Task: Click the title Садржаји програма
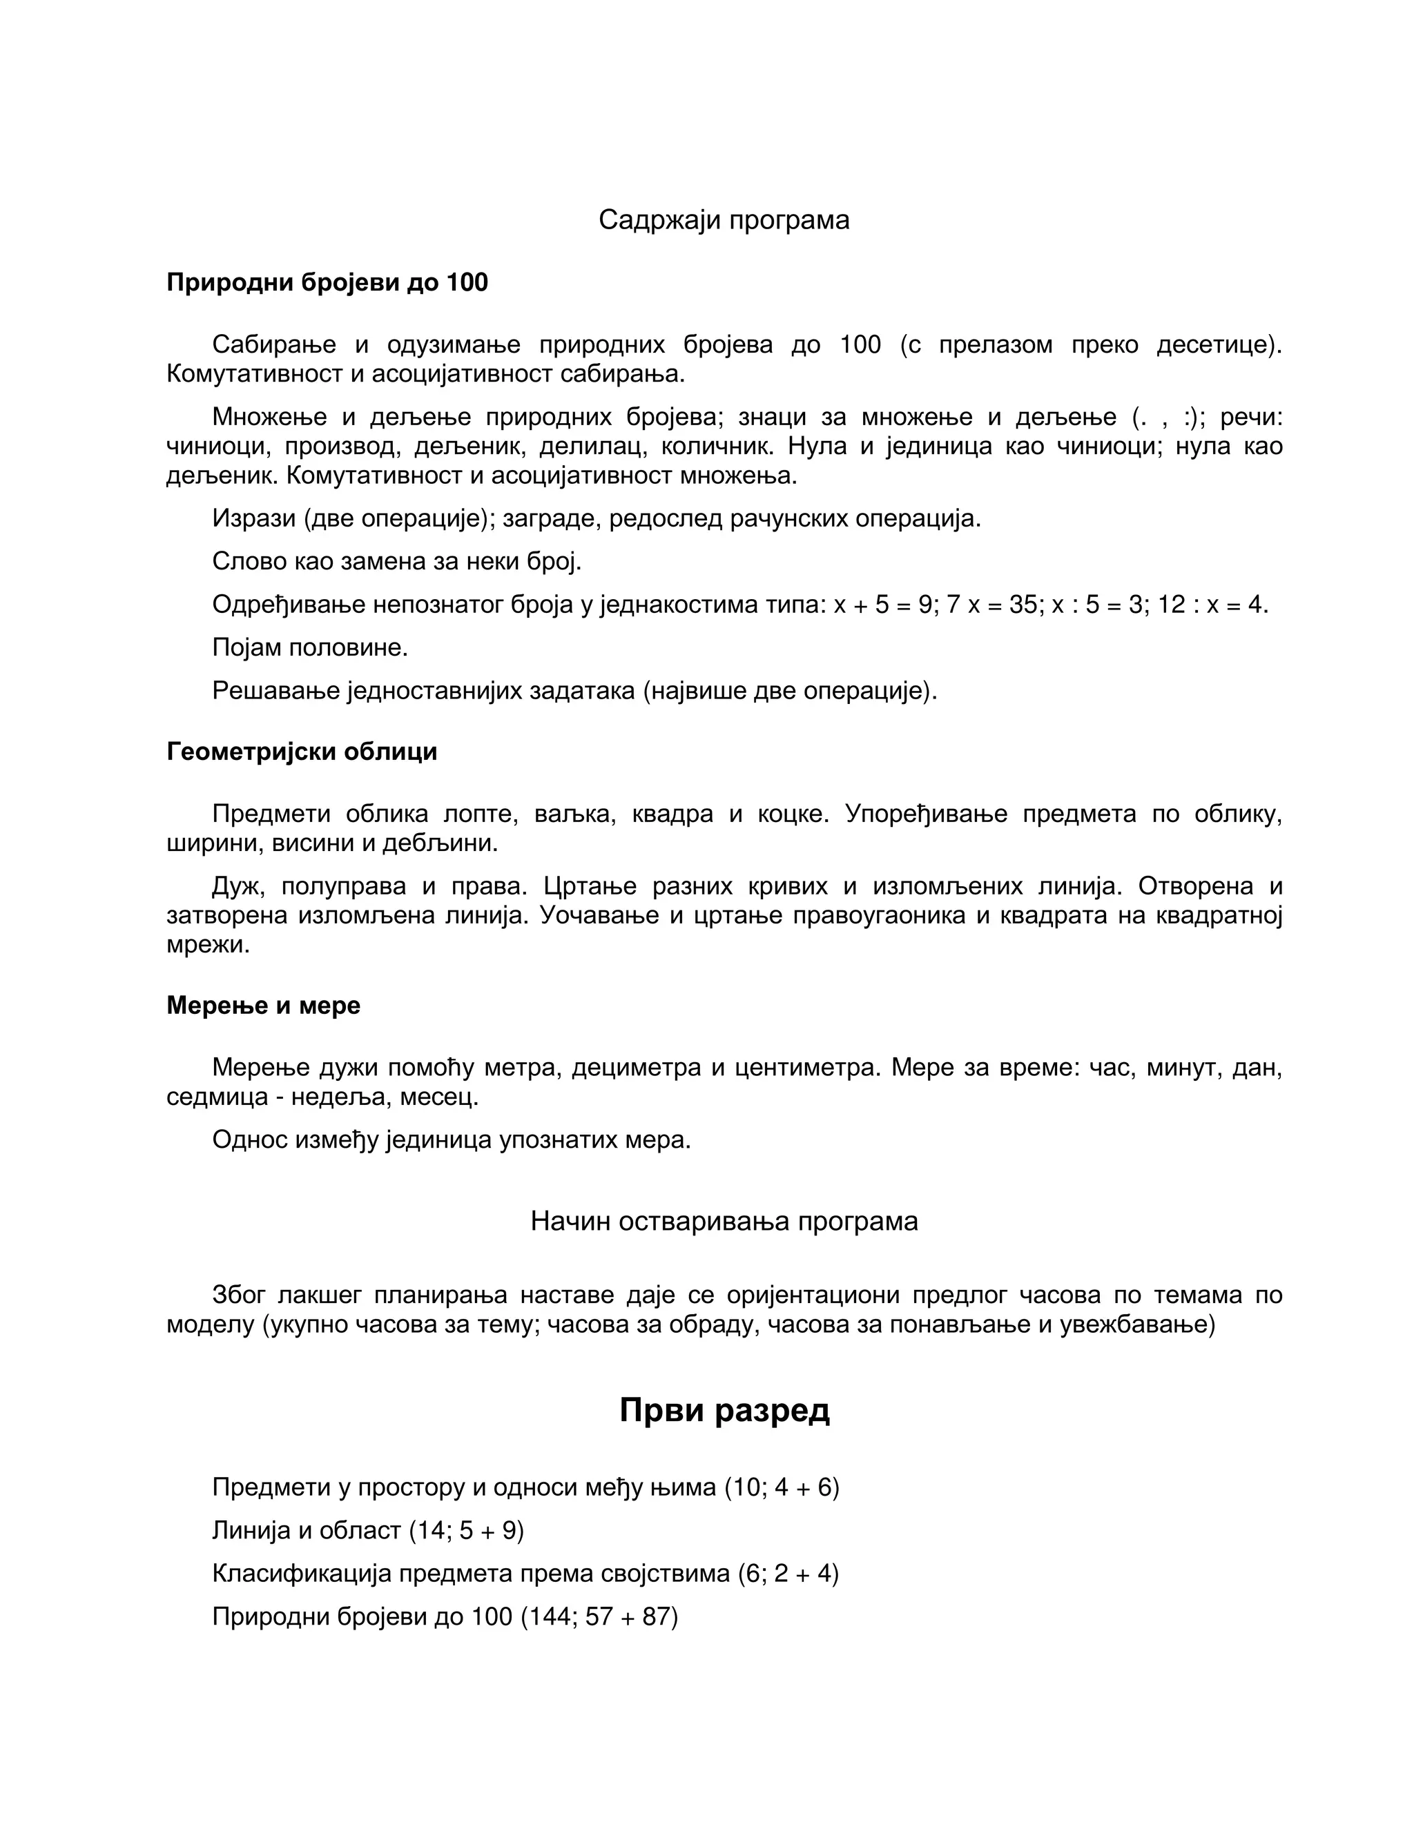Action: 724,220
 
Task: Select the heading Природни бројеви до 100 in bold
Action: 327,283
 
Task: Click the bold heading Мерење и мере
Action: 263,1006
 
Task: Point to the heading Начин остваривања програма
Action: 724,1222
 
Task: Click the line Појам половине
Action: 310,647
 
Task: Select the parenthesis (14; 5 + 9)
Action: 466,1531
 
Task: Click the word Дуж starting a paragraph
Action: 238,886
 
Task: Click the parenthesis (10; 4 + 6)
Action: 782,1487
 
